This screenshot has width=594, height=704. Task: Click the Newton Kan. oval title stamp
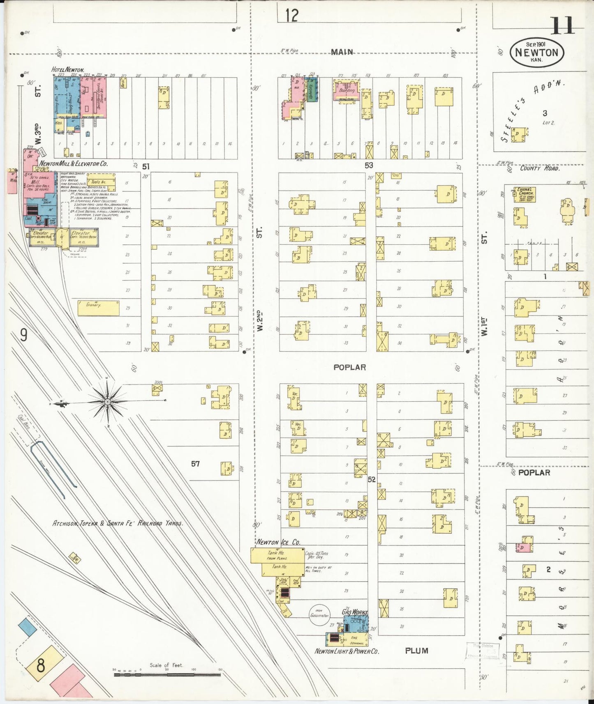click(537, 52)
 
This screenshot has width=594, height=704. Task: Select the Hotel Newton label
click(67, 70)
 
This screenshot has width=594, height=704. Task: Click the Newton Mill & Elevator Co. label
click(73, 163)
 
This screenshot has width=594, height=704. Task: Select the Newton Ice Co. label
click(278, 542)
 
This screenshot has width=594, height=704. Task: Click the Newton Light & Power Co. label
click(347, 651)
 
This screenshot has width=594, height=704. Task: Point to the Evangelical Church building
click(524, 195)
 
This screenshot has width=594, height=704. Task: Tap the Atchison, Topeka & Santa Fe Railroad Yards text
click(118, 523)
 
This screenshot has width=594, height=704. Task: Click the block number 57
click(195, 464)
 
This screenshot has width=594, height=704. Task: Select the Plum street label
click(416, 650)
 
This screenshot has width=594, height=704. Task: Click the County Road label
click(539, 168)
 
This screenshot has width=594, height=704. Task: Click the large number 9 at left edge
click(24, 336)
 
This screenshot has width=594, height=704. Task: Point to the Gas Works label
click(355, 612)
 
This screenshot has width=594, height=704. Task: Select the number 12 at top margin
click(291, 16)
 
